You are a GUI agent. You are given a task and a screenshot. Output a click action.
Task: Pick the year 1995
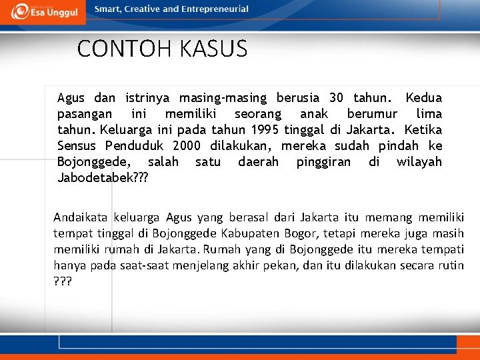265,130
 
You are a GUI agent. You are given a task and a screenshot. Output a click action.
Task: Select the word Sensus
76,146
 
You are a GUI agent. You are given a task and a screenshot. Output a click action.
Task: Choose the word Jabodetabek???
103,178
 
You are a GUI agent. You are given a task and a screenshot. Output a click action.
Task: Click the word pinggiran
323,162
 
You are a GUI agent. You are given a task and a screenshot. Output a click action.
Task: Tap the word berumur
372,114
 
